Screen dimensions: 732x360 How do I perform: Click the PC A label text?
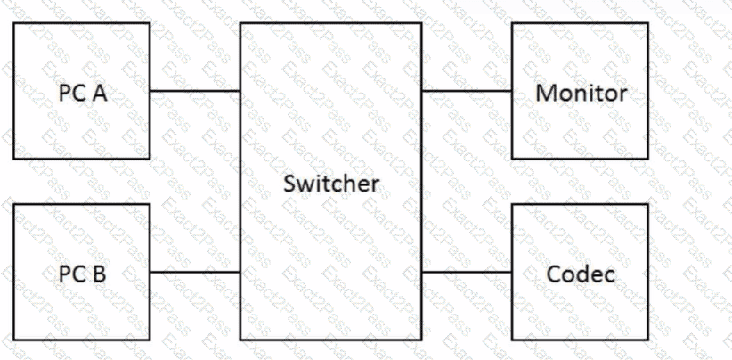tap(83, 93)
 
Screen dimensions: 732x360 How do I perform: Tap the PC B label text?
tap(83, 274)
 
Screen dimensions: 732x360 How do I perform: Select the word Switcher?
tap(331, 184)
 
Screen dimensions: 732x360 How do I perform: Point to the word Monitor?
tap(581, 93)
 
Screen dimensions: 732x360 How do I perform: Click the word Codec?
tap(581, 274)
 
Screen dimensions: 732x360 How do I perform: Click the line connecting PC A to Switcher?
tap(195, 91)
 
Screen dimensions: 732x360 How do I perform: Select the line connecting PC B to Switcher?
tap(195, 272)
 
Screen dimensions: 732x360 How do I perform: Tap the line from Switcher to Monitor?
tap(467, 91)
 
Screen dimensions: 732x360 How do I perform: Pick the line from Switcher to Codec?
tap(467, 272)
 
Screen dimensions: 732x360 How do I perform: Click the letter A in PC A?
tap(99, 93)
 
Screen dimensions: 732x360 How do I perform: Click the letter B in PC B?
tap(100, 274)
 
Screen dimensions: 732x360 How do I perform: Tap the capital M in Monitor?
tap(545, 93)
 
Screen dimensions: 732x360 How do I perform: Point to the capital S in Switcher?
tap(289, 184)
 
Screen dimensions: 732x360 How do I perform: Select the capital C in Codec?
tap(554, 274)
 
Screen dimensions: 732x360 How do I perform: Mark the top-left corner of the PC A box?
tap(14, 23)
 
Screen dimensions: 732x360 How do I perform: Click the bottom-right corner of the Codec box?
tap(648, 340)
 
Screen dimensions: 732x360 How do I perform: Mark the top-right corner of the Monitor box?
tap(648, 23)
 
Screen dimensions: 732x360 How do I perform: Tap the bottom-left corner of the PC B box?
tap(14, 340)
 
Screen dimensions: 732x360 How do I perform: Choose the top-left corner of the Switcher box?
tap(240, 23)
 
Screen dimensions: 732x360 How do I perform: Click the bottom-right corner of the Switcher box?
tap(421, 340)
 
